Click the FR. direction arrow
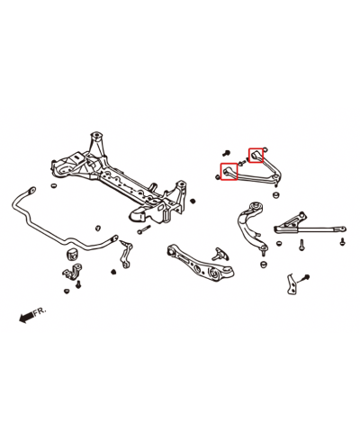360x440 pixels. tap(22, 316)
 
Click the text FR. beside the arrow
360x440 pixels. tap(39, 310)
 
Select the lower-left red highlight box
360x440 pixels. tap(229, 170)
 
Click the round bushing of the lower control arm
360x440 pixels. tap(219, 257)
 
